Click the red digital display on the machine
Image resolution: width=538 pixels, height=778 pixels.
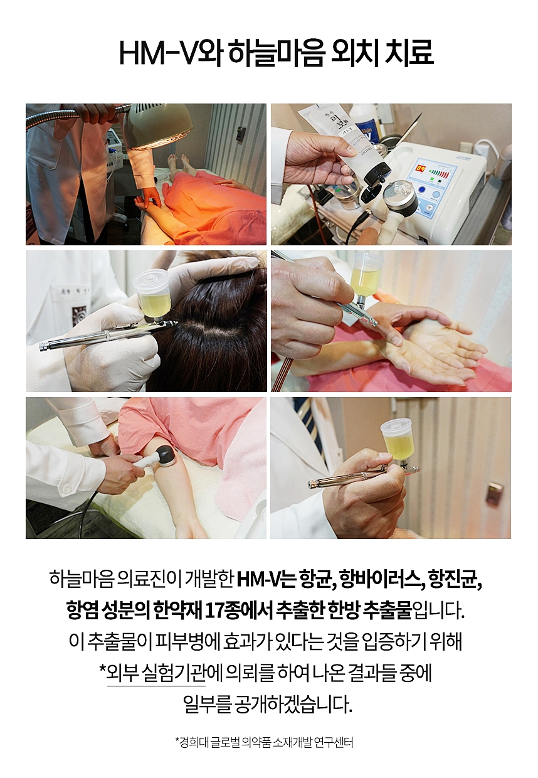click(422, 169)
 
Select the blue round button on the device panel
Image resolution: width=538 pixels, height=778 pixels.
click(422, 190)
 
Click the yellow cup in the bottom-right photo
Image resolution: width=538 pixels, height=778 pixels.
click(397, 441)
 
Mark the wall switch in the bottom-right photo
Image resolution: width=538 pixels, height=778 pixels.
click(494, 493)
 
